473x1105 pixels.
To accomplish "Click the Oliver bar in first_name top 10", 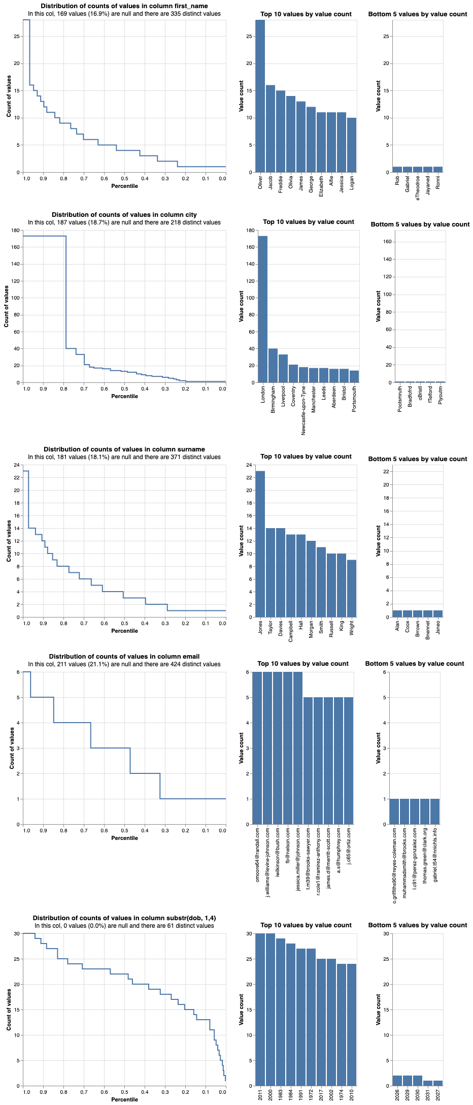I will pos(260,96).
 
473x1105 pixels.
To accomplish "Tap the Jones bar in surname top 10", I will pos(260,544).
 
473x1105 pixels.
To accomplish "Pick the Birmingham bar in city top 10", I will pos(273,365).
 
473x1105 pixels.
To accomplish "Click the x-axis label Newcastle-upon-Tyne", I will pos(303,410).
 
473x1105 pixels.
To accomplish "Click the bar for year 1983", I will pos(281,1016).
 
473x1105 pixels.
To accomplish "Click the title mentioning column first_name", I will pos(124,6).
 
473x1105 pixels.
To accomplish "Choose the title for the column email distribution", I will pos(124,656).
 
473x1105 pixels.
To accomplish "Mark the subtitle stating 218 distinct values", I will pos(124,222).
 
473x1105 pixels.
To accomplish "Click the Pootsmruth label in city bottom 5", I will pos(400,399).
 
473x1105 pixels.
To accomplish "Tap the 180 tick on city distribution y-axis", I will pos(16,231).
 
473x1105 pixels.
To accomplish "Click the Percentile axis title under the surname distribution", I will pos(124,631).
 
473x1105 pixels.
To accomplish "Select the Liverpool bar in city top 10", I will pos(283,368).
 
